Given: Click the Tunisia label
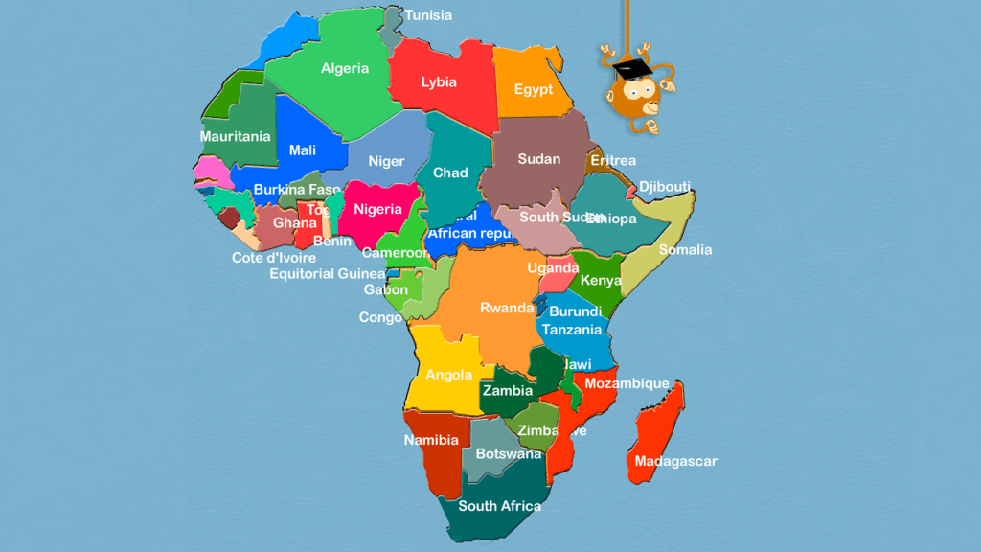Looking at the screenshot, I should coord(428,15).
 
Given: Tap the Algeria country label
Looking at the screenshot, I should coord(345,68).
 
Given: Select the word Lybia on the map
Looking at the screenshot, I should coord(439,82).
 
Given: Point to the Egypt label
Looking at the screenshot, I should coord(534,89).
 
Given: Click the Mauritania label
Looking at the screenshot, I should coord(235,136).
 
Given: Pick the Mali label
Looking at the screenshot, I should coord(303,150).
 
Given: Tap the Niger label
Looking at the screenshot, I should coord(387,162).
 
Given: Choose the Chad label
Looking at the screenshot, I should coord(450,172).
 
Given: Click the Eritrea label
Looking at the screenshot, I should coord(613,160).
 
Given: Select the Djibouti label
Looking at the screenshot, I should coord(665,186).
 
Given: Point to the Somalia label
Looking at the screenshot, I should coord(686,250).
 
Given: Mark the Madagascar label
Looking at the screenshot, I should coord(676,461).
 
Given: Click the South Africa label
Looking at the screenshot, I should coord(499,506).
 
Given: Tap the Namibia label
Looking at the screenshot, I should coord(431,441).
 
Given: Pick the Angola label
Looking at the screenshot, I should coord(448,375).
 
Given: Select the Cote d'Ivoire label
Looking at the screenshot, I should coord(274,258).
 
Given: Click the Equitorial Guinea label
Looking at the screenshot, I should coord(328,274).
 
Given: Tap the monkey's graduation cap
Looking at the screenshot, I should coord(628,68).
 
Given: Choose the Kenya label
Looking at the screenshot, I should coord(601,281).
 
